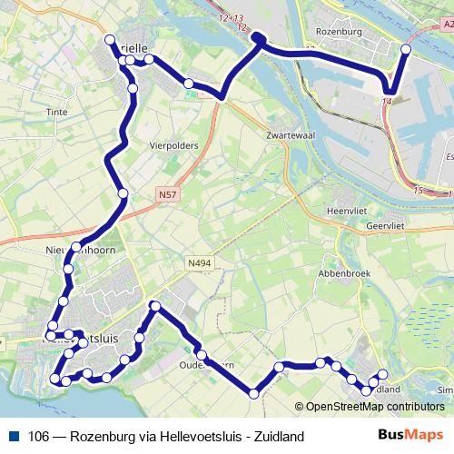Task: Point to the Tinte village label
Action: click(56, 113)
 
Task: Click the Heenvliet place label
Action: click(345, 210)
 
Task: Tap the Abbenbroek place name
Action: click(340, 271)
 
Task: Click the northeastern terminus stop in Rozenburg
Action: click(405, 50)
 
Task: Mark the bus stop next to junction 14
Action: click(390, 90)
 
